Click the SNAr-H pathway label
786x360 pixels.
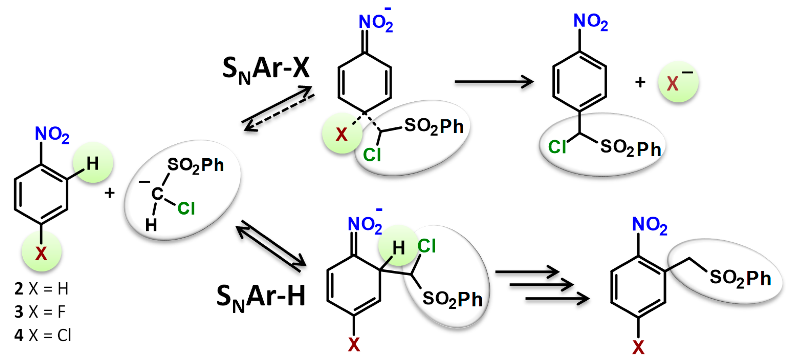(x=260, y=297)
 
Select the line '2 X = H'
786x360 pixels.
(x=41, y=289)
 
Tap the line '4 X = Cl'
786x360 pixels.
(x=43, y=335)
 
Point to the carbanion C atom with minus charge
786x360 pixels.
(x=157, y=193)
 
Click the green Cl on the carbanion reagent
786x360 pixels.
(x=186, y=208)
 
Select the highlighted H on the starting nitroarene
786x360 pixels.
(x=93, y=163)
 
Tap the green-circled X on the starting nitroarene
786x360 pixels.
(x=41, y=253)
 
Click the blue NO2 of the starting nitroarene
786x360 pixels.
(x=52, y=134)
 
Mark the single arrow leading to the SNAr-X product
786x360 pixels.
(x=494, y=82)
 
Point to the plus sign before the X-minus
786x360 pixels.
(x=640, y=83)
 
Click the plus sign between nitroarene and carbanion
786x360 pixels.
(x=110, y=193)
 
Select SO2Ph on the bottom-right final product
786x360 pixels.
(x=740, y=278)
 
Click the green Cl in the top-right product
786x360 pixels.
(x=557, y=147)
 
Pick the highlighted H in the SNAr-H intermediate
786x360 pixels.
(x=398, y=248)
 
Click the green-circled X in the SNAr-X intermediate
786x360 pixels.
(x=342, y=134)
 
